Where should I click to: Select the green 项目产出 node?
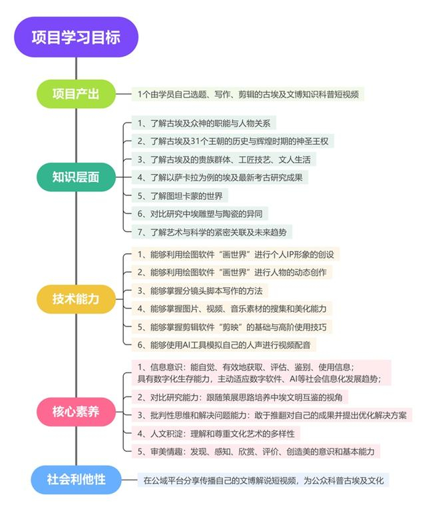pos(76,94)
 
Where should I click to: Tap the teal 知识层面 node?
pos(76,177)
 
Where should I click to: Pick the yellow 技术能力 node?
pos(76,298)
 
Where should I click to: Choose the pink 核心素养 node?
pos(76,411)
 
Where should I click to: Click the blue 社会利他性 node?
pos(76,479)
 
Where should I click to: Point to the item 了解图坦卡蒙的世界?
pos(182,195)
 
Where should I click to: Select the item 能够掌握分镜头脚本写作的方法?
pos(200,290)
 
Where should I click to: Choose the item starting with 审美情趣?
pos(257,451)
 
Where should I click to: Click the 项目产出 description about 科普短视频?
pos(249,94)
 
